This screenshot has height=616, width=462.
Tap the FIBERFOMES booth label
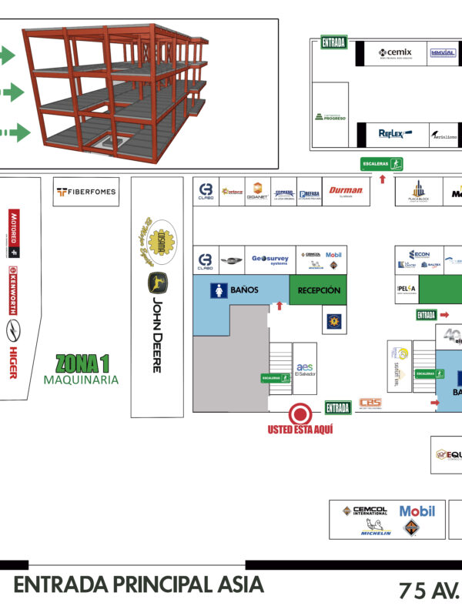pos(86,192)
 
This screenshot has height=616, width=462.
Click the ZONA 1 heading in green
pos(82,362)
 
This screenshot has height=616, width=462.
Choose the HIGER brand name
pos(13,362)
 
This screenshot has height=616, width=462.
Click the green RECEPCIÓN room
pos(318,290)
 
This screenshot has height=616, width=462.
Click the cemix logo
pos(395,53)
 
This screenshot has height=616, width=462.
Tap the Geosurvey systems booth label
pos(269,259)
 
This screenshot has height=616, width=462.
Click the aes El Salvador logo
pos(304,367)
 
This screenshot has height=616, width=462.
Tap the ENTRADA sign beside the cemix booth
pos(333,43)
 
